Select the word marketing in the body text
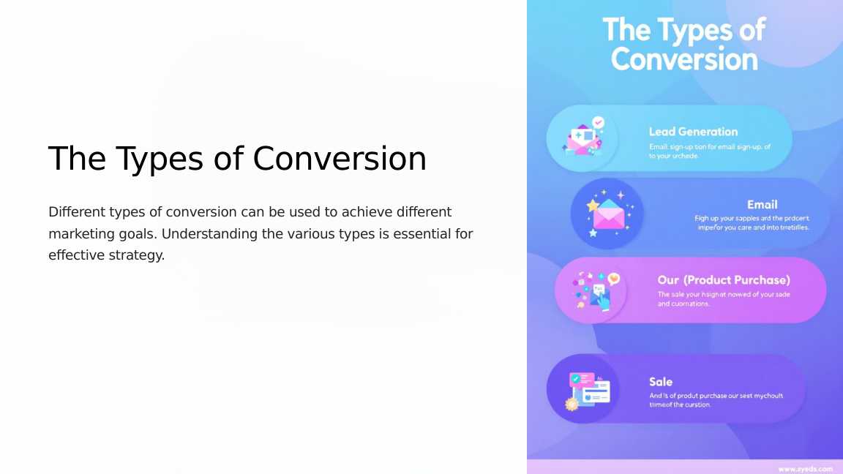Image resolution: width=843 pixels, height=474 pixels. tap(78, 234)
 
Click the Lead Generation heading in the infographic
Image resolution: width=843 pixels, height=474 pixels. tap(693, 132)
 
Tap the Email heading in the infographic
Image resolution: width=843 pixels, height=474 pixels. tap(762, 205)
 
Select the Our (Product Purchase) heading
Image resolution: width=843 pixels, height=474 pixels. tap(724, 280)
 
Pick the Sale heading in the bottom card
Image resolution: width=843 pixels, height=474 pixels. tap(660, 382)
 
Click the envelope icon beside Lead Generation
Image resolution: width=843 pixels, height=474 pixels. tap(582, 138)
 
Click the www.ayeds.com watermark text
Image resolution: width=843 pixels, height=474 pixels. tap(805, 468)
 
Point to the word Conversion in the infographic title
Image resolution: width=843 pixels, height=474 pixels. tap(683, 59)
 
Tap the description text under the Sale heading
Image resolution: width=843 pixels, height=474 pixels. tap(716, 400)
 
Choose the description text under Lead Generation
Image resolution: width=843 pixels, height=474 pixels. tap(709, 151)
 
